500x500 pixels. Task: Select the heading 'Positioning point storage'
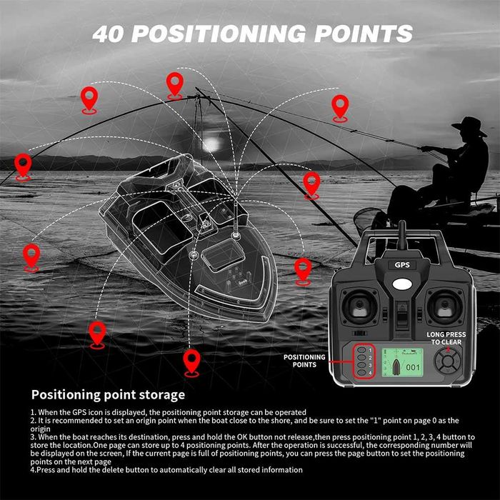pyautogui.click(x=108, y=394)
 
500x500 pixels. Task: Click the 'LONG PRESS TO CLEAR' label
pyautogui.click(x=445, y=337)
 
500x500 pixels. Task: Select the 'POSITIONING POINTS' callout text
pyautogui.click(x=304, y=361)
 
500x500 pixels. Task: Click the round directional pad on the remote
pyautogui.click(x=448, y=362)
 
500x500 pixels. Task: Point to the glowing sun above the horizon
pyautogui.click(x=211, y=144)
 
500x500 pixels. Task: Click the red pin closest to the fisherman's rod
pyautogui.click(x=340, y=107)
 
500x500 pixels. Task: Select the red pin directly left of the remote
pyautogui.click(x=304, y=270)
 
